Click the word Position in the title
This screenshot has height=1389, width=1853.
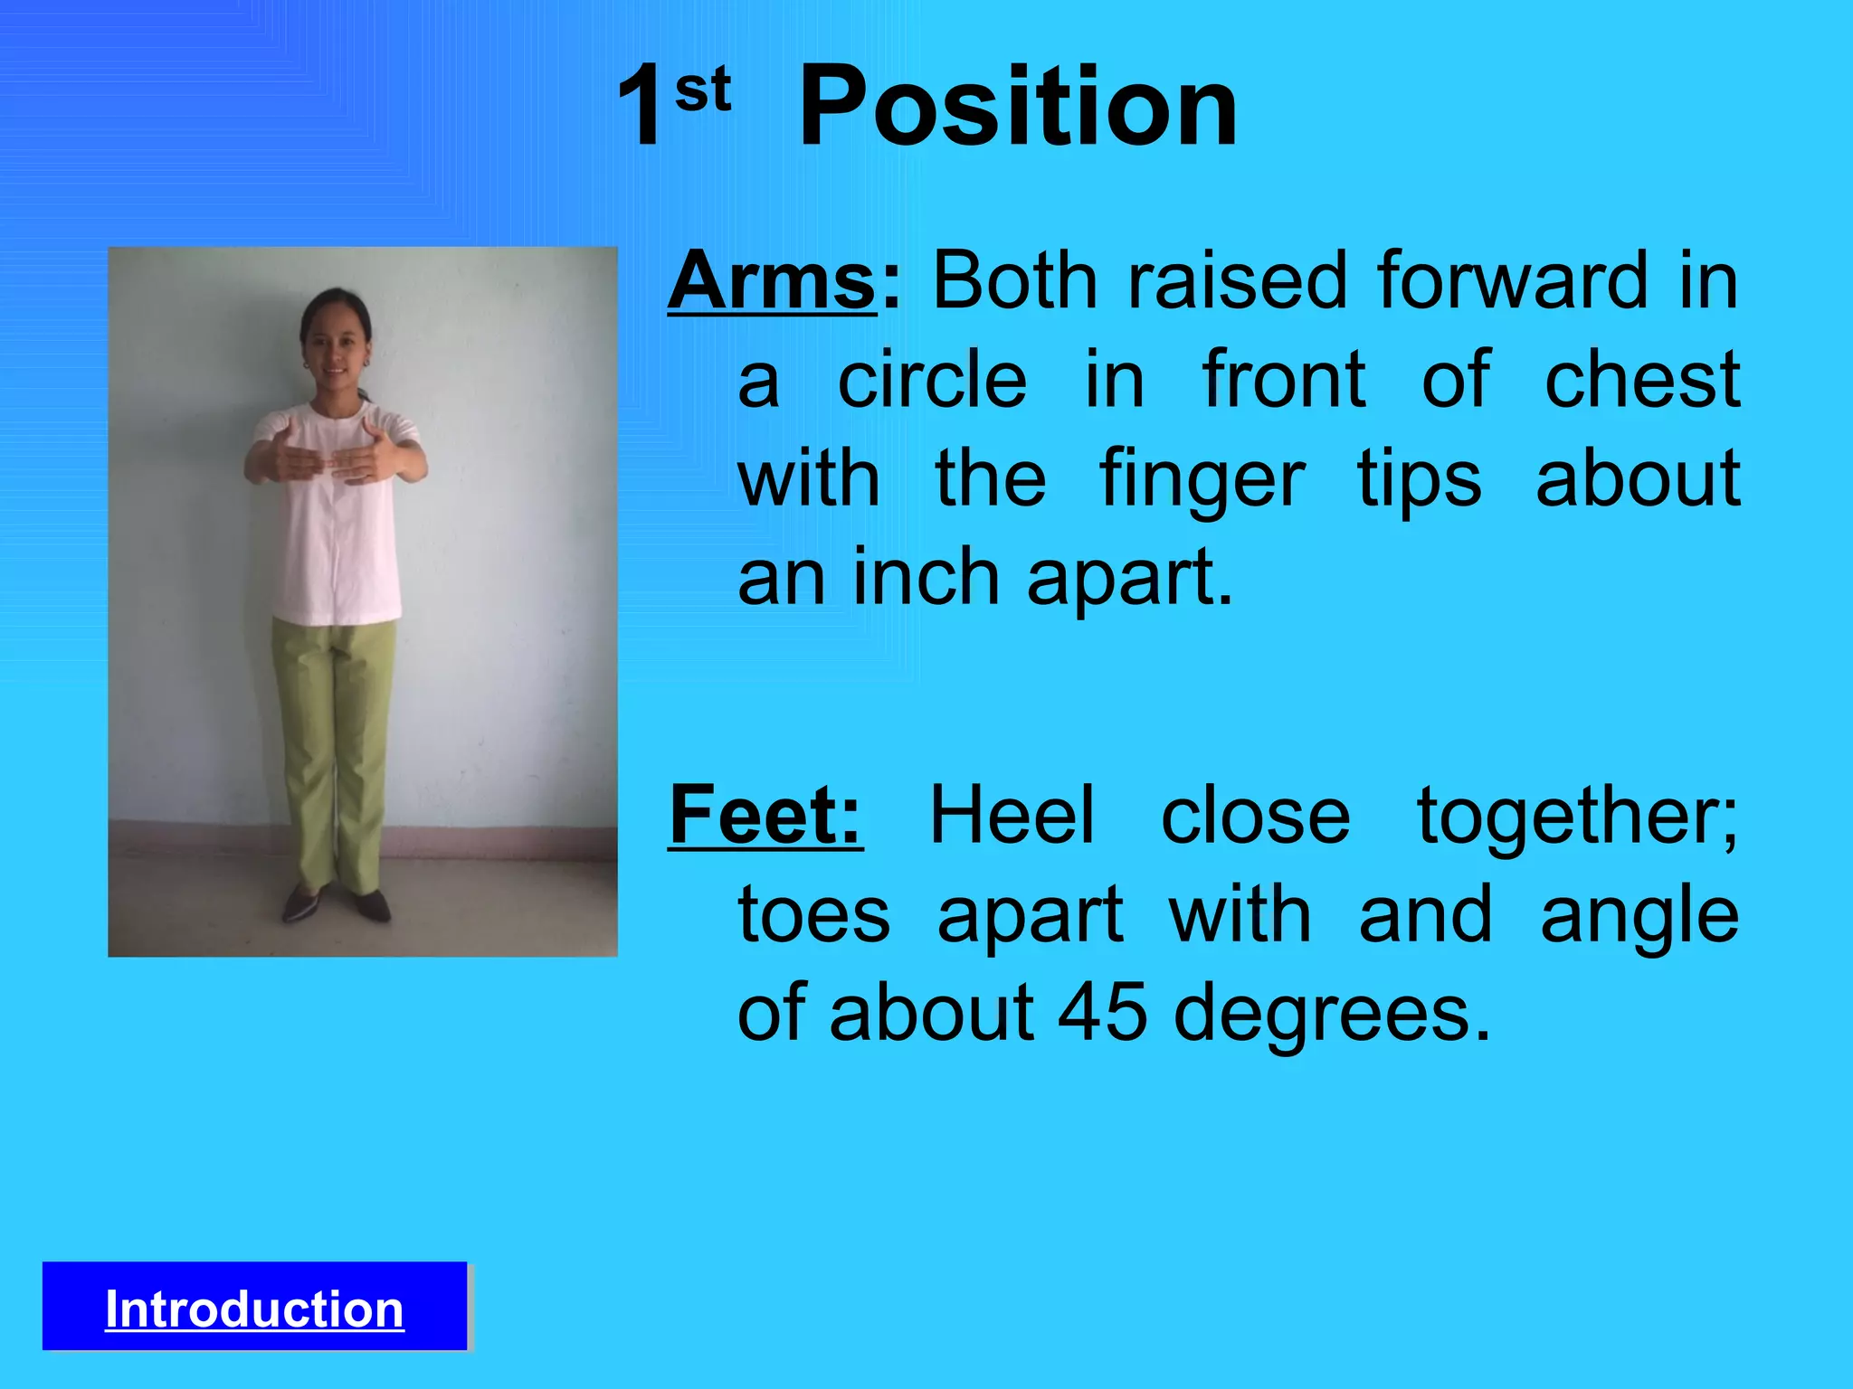(1018, 109)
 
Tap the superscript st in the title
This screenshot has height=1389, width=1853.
(703, 90)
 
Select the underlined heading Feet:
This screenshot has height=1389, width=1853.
(765, 817)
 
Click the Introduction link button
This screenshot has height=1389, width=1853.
(254, 1309)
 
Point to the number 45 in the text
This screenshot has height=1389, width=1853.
(1101, 1013)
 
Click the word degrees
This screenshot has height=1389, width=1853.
(1330, 1015)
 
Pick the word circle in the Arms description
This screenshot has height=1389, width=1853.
(932, 380)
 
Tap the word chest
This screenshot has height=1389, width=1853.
(1641, 380)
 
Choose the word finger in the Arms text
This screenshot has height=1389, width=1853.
(1202, 479)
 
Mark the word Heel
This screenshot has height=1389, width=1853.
(1012, 817)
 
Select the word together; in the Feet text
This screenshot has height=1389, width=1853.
(1577, 817)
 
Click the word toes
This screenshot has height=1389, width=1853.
(813, 915)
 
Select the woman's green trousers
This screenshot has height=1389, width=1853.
(335, 742)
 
